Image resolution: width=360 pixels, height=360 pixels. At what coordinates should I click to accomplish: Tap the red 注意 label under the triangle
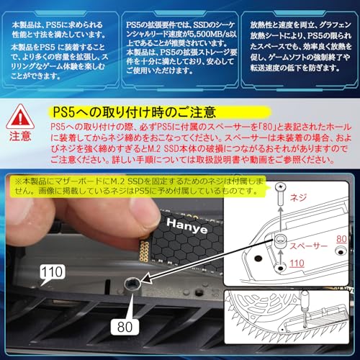(20, 135)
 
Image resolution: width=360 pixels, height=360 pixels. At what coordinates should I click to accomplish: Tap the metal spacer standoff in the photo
(132, 286)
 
